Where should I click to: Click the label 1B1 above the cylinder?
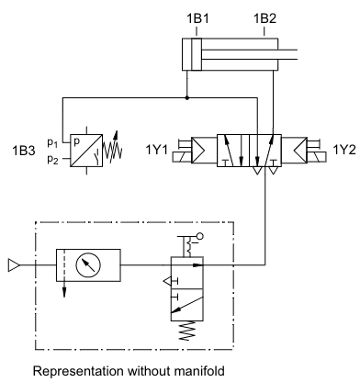coord(197,18)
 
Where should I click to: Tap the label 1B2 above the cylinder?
coord(264,18)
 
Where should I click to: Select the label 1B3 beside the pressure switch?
coord(24,151)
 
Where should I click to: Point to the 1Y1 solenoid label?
coord(156,150)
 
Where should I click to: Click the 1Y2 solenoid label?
coord(344,150)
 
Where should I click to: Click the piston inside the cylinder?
coord(197,54)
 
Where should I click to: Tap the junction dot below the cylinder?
coord(187,98)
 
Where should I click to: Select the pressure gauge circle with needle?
coord(88,265)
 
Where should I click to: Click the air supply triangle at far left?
coord(14,265)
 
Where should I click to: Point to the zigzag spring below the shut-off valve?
coord(187,331)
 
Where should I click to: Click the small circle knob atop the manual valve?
coord(200,236)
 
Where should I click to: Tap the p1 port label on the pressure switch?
coord(52,142)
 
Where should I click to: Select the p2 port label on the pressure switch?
coord(52,159)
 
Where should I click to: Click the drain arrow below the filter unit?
coord(64,289)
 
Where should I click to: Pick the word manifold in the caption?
coord(199,371)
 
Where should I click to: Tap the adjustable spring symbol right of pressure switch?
coord(112,146)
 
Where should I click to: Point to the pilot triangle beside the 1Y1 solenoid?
coord(198,151)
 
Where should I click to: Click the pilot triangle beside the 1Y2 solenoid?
coord(300,151)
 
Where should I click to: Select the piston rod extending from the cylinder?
coord(249,54)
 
